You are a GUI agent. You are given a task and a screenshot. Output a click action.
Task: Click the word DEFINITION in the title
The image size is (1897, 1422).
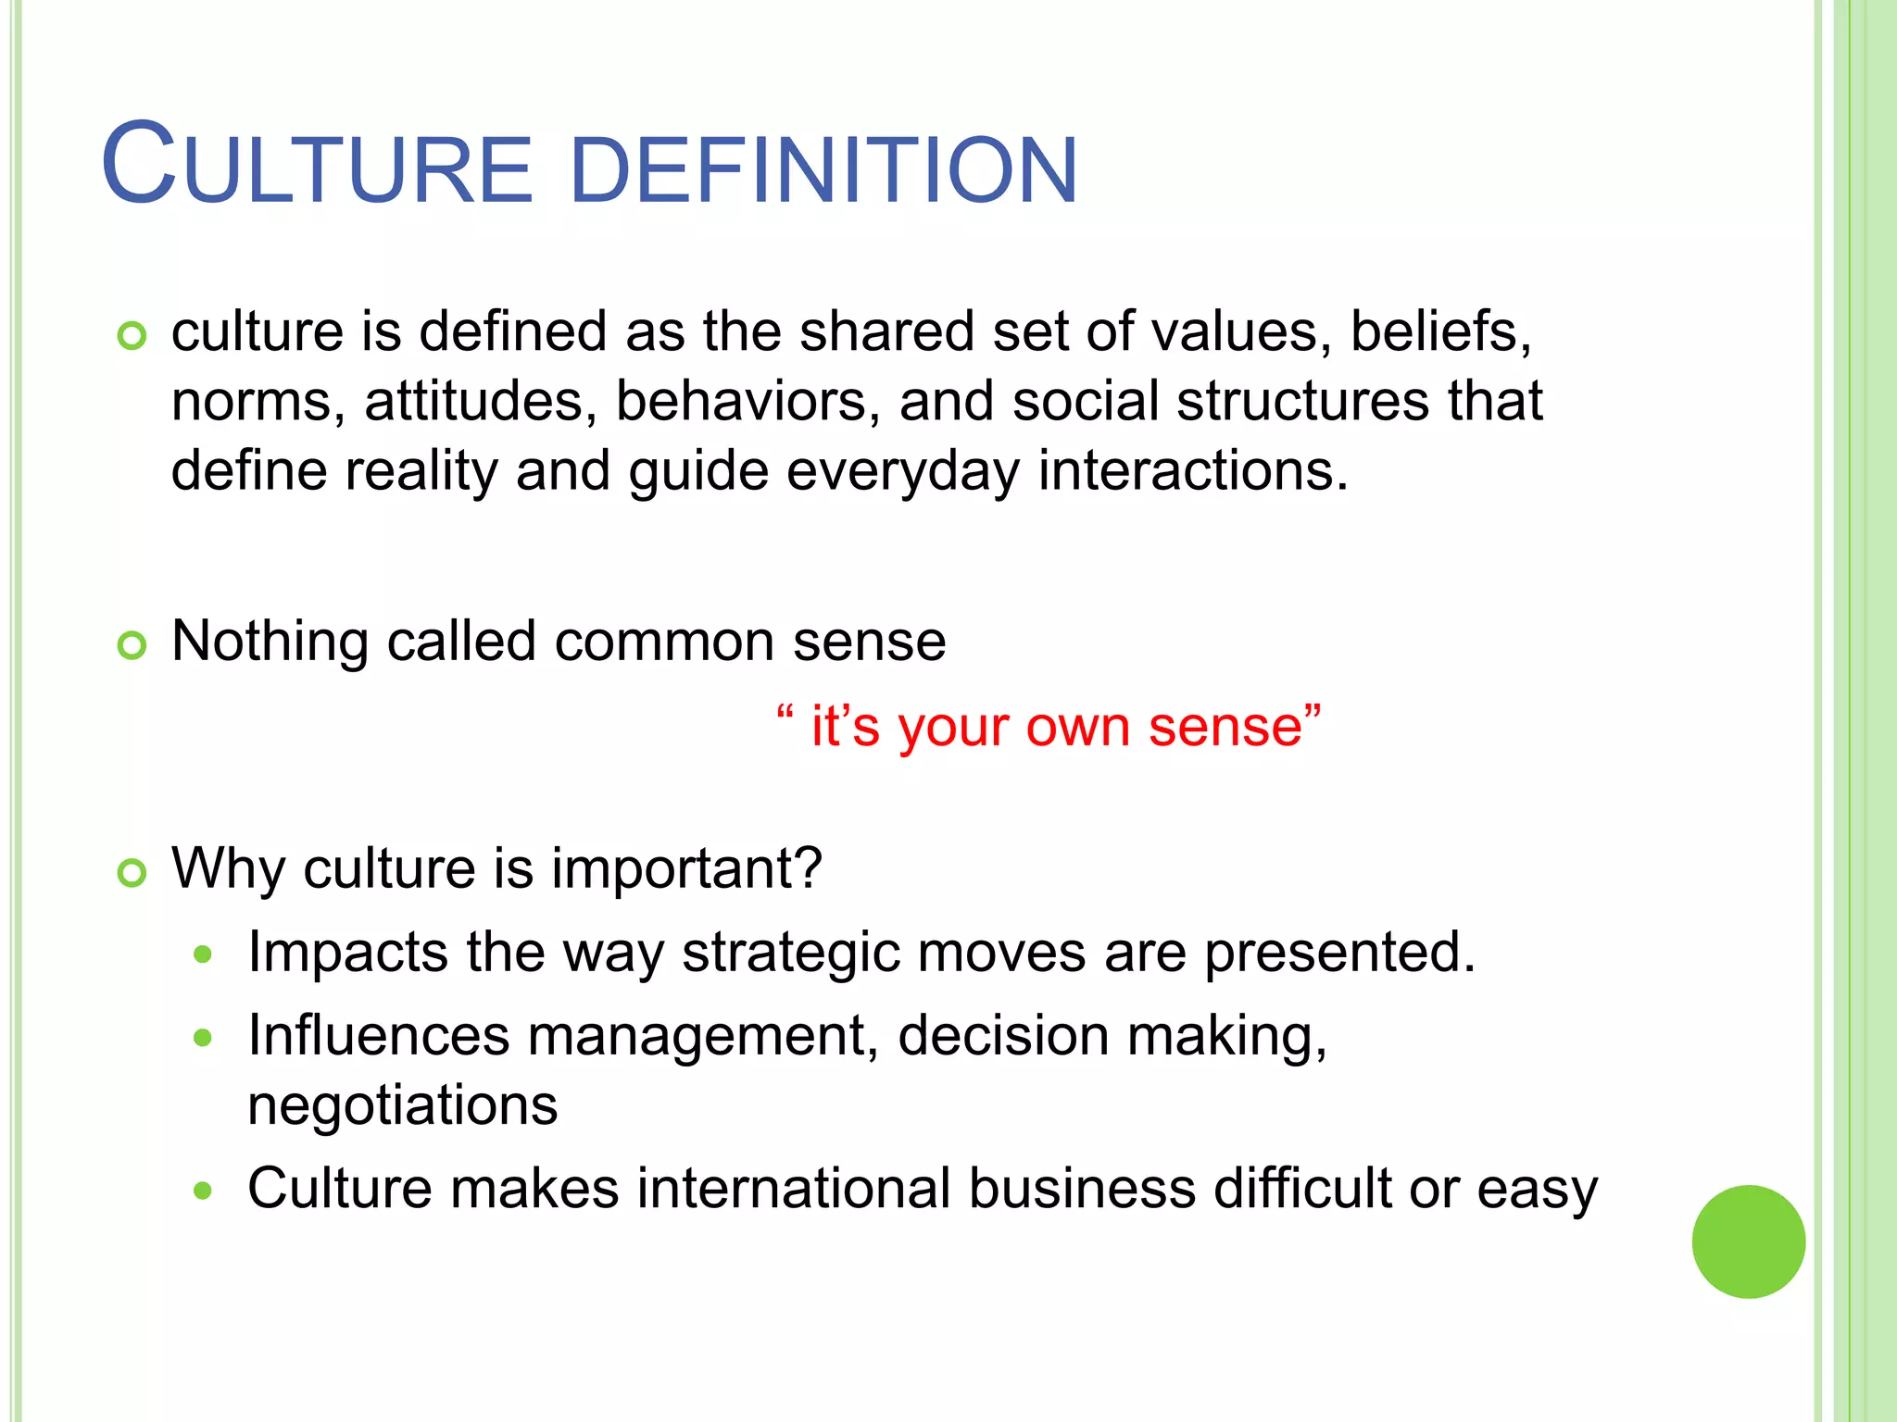(823, 170)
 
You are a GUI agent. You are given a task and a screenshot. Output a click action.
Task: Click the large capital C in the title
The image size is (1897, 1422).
(138, 165)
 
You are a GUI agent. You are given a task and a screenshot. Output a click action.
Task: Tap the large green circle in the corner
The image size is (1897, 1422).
(1748, 1241)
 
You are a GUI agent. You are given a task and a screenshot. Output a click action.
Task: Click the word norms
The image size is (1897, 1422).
(258, 402)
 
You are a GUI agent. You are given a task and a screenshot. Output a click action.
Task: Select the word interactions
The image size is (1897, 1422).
(1192, 471)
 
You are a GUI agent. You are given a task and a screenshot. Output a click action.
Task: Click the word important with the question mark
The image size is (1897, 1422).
(686, 869)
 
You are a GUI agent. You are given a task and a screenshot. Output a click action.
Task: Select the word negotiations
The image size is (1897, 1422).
(403, 1105)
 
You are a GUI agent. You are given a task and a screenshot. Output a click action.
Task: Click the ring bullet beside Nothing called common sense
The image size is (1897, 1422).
(132, 645)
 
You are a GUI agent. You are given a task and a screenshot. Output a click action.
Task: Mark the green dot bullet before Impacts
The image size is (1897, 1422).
(203, 954)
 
